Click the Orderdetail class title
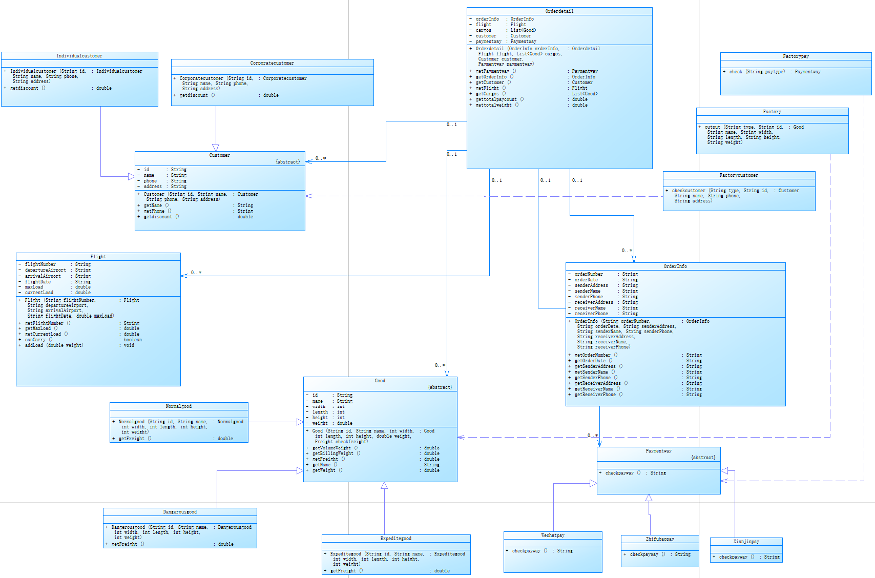click(559, 11)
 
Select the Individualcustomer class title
click(79, 56)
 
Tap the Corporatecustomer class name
click(272, 63)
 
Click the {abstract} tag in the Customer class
click(288, 162)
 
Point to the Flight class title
click(98, 257)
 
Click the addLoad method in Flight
click(54, 345)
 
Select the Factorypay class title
click(796, 56)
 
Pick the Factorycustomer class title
click(738, 175)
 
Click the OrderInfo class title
click(675, 266)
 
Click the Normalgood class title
click(178, 406)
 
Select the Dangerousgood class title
click(180, 512)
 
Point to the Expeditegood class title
click(395, 539)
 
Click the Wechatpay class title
click(553, 535)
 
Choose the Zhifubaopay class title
click(660, 539)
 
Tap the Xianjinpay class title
click(746, 542)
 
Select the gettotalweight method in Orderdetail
click(494, 105)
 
